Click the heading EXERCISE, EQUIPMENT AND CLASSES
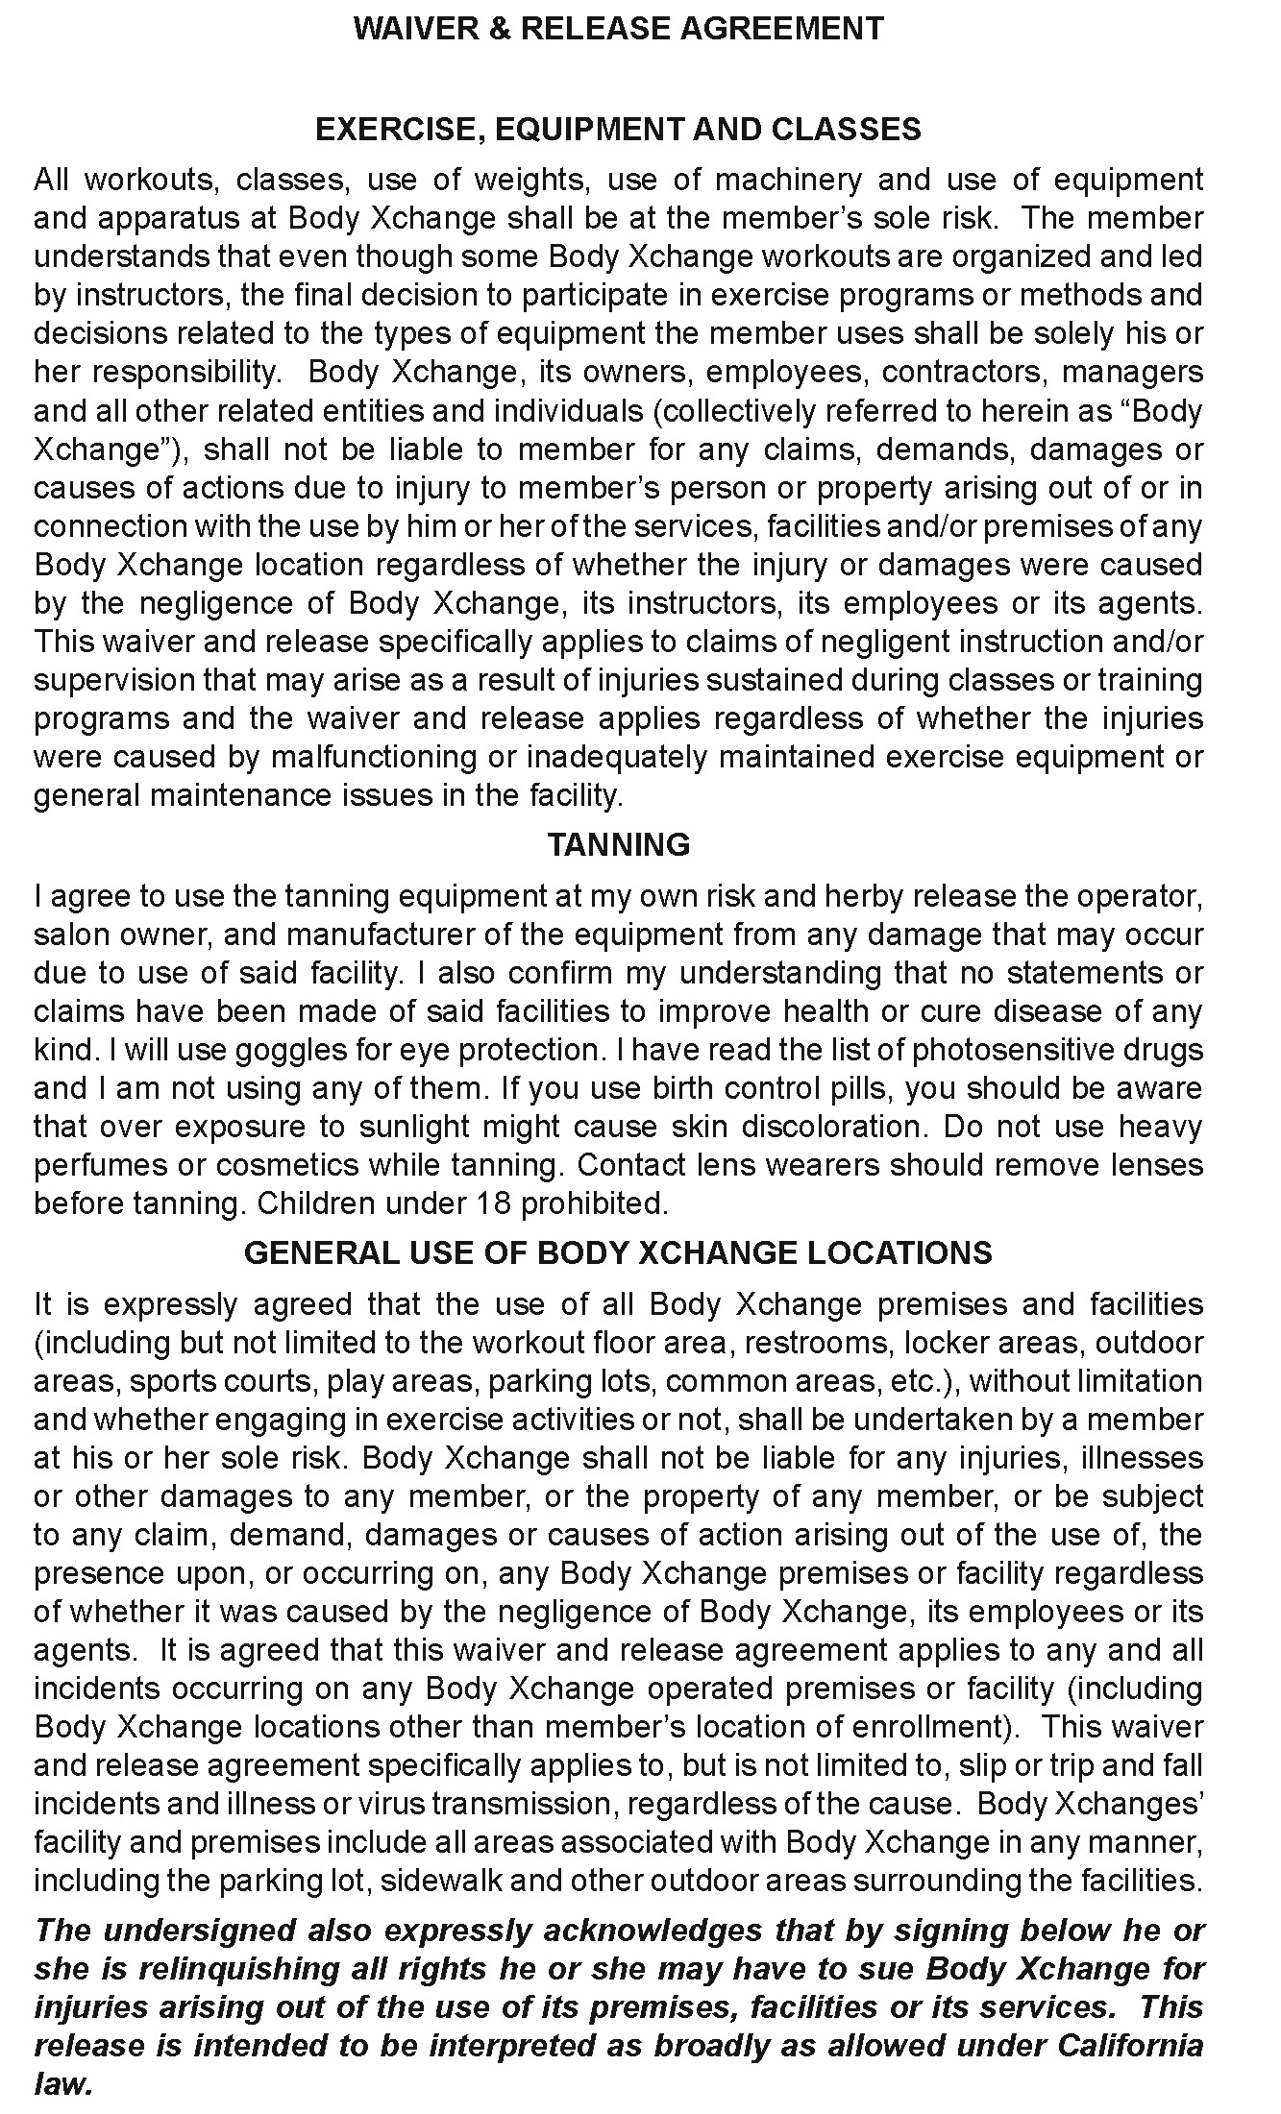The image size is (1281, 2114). click(618, 130)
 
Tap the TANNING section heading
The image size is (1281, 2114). click(618, 844)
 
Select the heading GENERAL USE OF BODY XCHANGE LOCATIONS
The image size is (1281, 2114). click(618, 1252)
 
